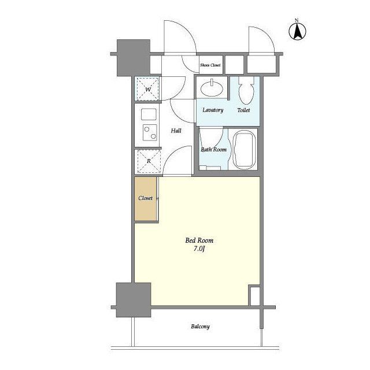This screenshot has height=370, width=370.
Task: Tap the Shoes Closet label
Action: (210, 65)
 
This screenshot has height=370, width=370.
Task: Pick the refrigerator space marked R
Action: (149, 161)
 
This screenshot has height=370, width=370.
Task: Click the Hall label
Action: (176, 131)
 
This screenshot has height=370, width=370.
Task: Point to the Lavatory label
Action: (213, 110)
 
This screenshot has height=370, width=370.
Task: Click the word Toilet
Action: (243, 110)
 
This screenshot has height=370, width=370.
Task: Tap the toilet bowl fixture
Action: (246, 91)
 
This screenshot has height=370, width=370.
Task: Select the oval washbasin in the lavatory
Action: (212, 88)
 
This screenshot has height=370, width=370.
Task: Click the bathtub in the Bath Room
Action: (244, 150)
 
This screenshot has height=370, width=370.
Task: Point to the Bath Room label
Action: (213, 150)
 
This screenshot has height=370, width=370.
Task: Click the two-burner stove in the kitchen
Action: (150, 132)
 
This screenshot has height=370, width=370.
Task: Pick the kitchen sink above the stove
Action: (149, 114)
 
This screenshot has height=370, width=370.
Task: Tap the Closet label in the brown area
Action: (145, 198)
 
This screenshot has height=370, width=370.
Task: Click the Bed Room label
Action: (199, 240)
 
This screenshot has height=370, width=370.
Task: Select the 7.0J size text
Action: (199, 249)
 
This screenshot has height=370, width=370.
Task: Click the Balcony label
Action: (201, 327)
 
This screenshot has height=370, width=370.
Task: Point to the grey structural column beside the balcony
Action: (134, 300)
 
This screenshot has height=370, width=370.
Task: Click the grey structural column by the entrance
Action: (134, 58)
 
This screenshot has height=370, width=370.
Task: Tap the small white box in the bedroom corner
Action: (254, 296)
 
